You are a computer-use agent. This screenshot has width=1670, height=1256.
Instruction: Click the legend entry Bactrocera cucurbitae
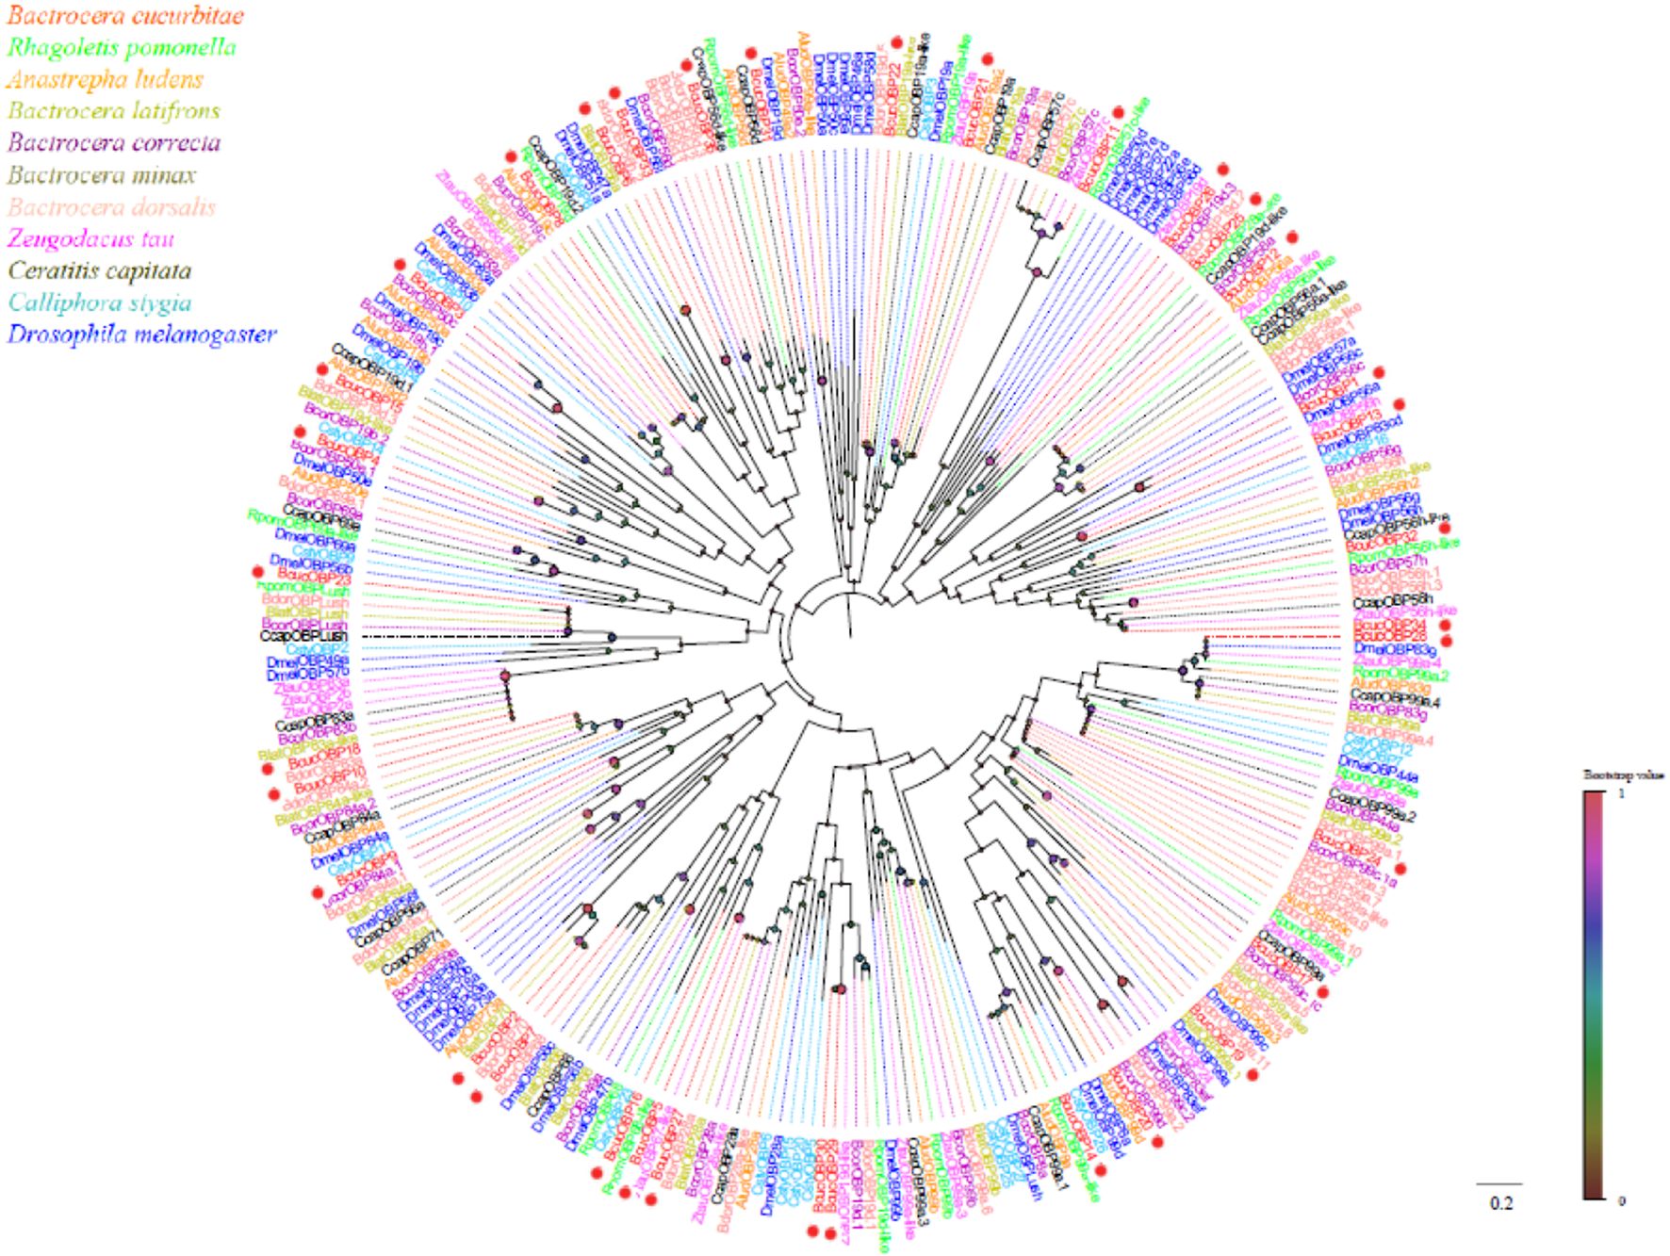pos(125,16)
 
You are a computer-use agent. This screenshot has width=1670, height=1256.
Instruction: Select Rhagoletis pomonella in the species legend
pos(122,48)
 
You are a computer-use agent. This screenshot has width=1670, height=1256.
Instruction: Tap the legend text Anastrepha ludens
pos(105,80)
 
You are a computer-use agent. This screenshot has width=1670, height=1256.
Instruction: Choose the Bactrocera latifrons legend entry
pos(114,111)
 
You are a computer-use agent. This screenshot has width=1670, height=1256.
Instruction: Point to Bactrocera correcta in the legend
pos(114,143)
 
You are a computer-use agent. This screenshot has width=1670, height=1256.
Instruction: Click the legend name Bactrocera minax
pos(102,175)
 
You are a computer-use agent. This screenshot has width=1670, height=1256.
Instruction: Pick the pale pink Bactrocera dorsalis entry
pos(111,207)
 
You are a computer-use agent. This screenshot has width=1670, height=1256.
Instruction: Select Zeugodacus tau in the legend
pos(91,239)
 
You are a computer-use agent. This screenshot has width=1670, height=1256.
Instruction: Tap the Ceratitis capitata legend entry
pos(100,271)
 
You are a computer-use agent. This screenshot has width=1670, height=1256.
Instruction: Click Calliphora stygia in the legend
pos(100,303)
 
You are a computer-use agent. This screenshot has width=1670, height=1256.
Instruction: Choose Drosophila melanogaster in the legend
pos(142,335)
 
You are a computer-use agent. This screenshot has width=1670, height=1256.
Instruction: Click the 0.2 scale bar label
pos(1501,1203)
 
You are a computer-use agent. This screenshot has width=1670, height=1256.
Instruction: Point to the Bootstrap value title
pos(1623,775)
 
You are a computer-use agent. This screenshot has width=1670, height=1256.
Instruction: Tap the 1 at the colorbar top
pos(1622,793)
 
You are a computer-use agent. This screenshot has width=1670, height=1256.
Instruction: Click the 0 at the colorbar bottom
pos(1622,1200)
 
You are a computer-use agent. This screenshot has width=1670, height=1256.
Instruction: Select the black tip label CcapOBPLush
pos(304,637)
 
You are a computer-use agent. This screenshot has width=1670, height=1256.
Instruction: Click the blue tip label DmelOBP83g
pos(1394,649)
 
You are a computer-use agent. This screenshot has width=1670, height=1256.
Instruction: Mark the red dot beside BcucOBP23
pos(257,572)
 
